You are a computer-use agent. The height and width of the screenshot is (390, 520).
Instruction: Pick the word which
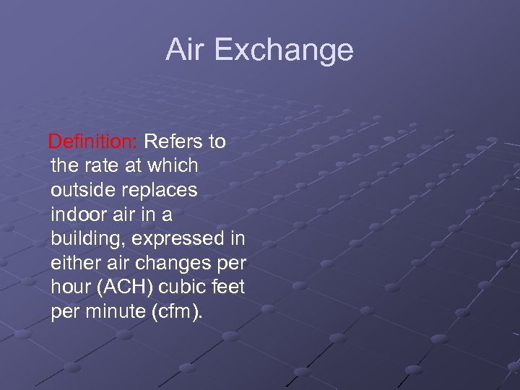point(173,165)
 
